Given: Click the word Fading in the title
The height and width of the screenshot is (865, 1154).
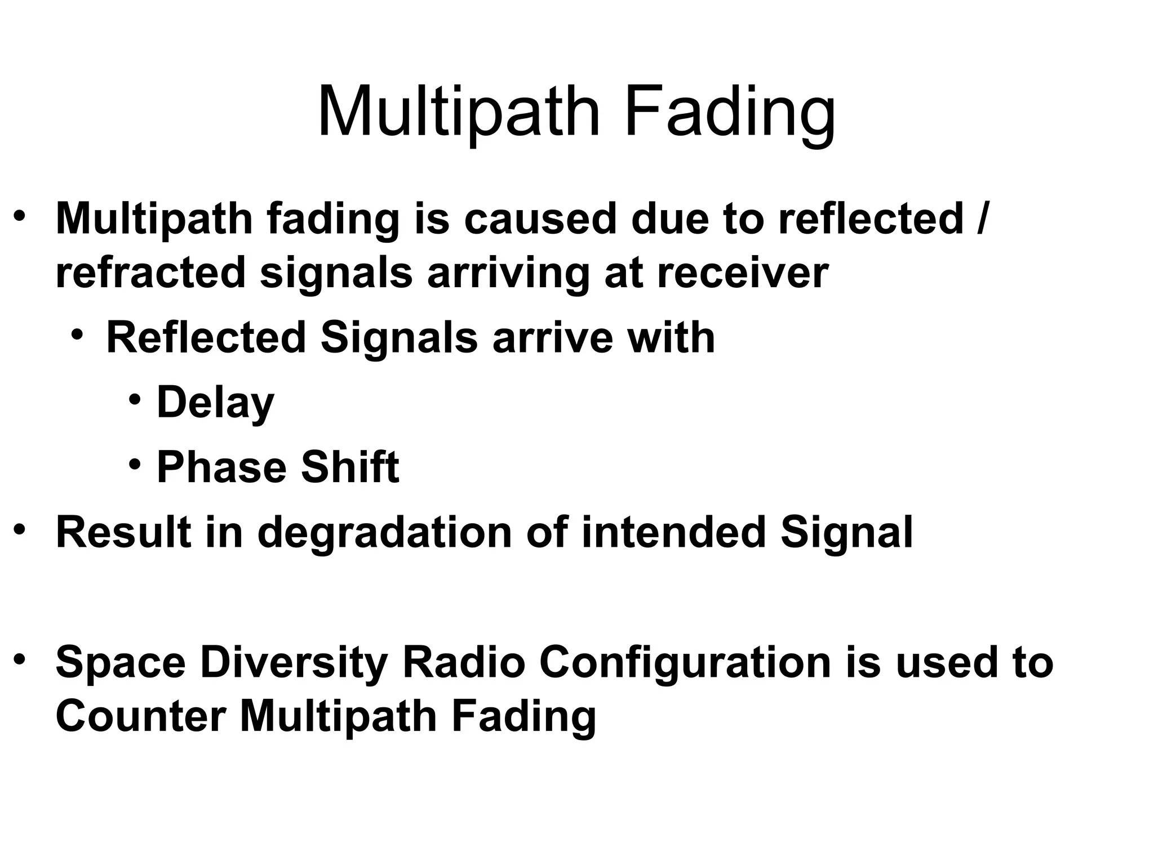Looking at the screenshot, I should [x=730, y=113].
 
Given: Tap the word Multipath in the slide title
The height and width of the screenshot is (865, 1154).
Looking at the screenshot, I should [x=459, y=113].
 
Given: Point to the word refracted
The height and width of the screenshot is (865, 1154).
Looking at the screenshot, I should [x=151, y=273].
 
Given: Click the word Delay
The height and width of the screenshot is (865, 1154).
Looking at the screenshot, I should [x=215, y=403].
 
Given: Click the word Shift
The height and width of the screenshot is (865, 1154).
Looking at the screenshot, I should [x=350, y=467].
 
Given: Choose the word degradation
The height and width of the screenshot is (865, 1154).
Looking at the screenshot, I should [x=384, y=533].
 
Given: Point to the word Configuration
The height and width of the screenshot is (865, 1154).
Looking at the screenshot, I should [x=685, y=662].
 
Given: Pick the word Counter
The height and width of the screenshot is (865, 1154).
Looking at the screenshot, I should [x=141, y=716].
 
